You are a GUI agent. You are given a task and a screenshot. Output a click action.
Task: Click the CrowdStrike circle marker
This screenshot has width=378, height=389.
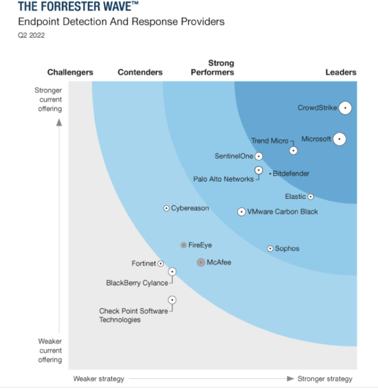[345, 107]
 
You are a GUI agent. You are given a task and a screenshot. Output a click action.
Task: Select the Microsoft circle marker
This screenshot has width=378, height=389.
[339, 139]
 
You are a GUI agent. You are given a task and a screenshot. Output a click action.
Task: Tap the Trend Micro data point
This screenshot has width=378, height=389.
[293, 150]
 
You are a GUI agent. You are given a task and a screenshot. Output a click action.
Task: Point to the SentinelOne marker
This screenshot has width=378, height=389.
[259, 156]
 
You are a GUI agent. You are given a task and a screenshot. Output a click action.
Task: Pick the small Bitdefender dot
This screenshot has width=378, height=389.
[270, 174]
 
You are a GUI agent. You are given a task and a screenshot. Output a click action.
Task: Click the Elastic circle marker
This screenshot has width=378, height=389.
[311, 197]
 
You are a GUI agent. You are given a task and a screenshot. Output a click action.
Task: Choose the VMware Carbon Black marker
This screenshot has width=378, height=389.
[242, 212]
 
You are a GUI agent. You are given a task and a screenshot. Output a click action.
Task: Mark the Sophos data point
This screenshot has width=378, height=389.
[271, 248]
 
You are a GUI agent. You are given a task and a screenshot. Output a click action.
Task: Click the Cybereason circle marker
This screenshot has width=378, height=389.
[167, 208]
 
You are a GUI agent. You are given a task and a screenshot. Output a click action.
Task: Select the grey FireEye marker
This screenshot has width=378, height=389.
[184, 245]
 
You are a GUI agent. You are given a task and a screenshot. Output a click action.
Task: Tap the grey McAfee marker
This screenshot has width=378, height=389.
[201, 262]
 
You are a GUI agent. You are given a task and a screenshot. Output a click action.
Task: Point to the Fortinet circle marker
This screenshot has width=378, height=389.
[161, 264]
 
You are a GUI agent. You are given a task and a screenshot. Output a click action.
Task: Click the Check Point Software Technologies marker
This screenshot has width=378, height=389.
[172, 300]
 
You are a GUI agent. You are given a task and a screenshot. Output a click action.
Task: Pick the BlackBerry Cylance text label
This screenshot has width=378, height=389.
[137, 283]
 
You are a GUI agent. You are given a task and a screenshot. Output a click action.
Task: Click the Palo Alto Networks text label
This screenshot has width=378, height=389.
[223, 179]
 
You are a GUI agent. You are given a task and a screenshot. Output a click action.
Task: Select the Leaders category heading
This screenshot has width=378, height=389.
[341, 72]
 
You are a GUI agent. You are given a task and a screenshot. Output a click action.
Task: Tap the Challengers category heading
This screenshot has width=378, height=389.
[70, 72]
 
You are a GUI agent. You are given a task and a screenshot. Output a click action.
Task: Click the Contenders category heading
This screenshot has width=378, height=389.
[140, 72]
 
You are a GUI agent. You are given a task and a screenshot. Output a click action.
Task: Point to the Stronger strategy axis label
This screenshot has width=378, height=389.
[325, 379]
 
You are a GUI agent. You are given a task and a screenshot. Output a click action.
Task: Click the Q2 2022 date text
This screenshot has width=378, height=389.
[31, 35]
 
